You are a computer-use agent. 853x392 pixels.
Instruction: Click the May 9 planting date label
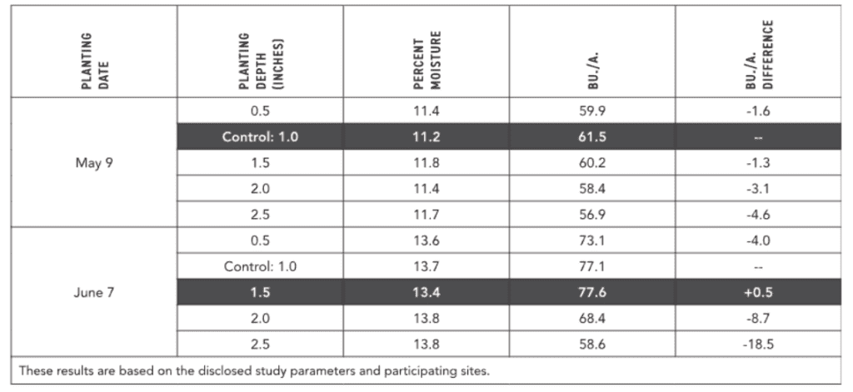click(94, 162)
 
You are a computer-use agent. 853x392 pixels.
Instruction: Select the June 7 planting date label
click(94, 292)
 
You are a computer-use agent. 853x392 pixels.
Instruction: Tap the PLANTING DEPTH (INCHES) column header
click(261, 61)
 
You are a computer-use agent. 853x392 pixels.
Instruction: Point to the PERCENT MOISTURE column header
click(426, 61)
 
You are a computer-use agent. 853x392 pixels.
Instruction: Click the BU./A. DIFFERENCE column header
click(759, 54)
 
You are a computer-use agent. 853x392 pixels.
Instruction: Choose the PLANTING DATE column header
click(95, 62)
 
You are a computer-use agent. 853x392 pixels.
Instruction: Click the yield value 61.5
click(592, 137)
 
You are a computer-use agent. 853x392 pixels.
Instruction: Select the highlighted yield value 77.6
click(592, 292)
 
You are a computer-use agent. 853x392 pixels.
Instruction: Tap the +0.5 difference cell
click(758, 292)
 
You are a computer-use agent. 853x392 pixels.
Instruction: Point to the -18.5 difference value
click(758, 345)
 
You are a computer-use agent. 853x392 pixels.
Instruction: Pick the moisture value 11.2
click(426, 137)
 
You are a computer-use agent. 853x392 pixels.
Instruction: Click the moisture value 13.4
click(426, 292)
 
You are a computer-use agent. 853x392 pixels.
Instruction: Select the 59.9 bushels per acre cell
click(592, 111)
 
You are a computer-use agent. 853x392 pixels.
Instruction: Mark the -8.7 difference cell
click(758, 318)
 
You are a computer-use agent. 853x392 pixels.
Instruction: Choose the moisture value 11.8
click(426, 162)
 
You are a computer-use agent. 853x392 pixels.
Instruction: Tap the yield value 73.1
click(592, 241)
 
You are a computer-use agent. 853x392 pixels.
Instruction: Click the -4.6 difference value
click(758, 214)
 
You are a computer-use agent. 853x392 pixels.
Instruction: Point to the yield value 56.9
click(592, 214)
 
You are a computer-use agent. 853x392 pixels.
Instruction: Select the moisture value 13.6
click(426, 241)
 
